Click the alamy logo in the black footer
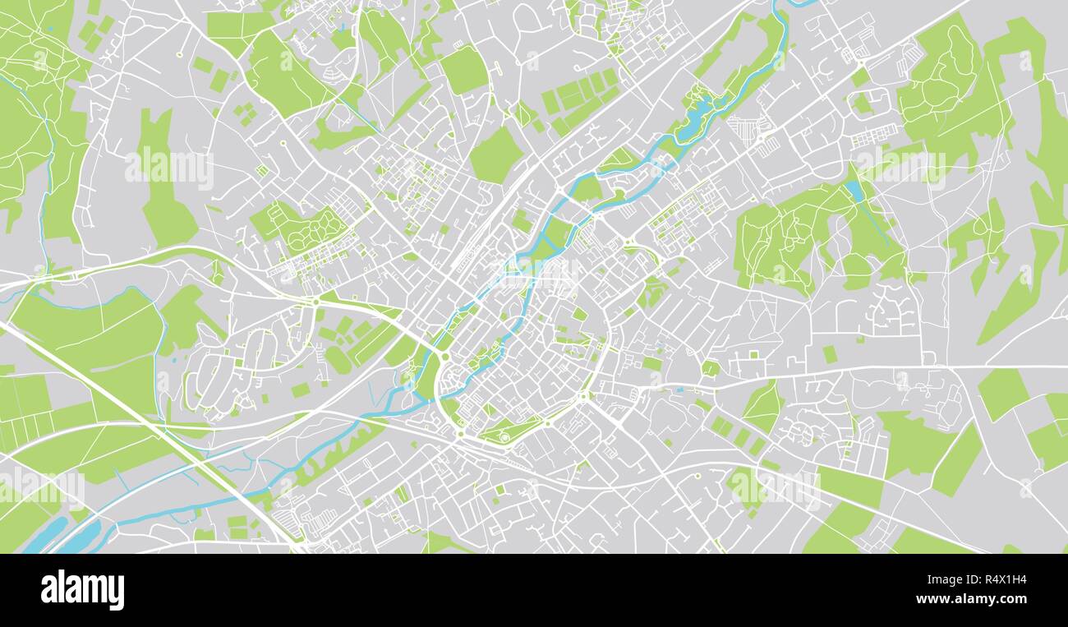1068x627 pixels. pyautogui.click(x=82, y=590)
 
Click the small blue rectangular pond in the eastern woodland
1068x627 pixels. pyautogui.click(x=855, y=191)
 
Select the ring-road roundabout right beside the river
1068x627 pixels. pyautogui.click(x=444, y=357)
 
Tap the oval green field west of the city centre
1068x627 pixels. pyautogui.click(x=337, y=360)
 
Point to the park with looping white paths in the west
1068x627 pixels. pyautogui.click(x=315, y=228)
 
